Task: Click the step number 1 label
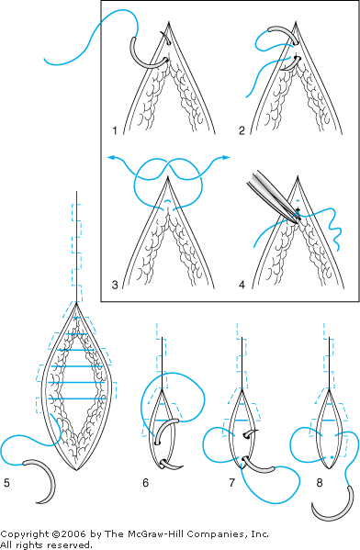(x=115, y=130)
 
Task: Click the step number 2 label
(x=242, y=130)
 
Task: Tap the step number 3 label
(x=115, y=285)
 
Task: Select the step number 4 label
(x=242, y=285)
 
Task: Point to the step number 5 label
(x=6, y=483)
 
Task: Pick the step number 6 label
(x=146, y=483)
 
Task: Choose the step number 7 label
(x=231, y=483)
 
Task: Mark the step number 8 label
(x=320, y=483)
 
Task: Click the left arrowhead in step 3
(x=110, y=157)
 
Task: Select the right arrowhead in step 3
(x=226, y=158)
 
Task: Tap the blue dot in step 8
(x=332, y=457)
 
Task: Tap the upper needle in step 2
(x=284, y=34)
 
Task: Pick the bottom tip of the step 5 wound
(x=76, y=470)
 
